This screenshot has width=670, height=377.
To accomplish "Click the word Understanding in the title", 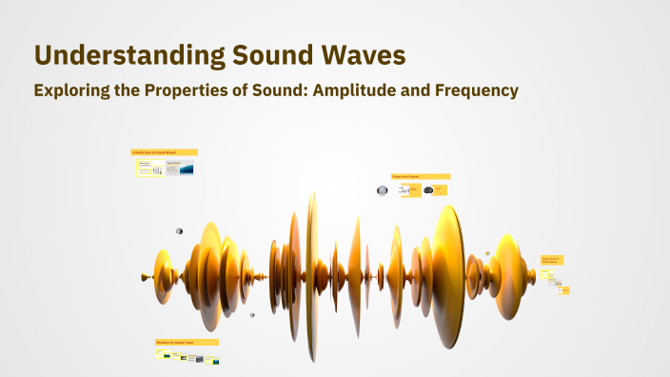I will [x=129, y=55].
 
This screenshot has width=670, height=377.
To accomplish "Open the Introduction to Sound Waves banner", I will [x=164, y=152].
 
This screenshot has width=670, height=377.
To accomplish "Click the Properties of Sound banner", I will [x=420, y=176].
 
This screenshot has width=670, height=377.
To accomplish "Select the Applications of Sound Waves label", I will [x=552, y=260].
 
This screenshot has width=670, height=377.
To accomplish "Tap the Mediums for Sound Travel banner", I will [x=187, y=342].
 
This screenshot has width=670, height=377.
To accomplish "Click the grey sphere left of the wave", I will [x=179, y=230].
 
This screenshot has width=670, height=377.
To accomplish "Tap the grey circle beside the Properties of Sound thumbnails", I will [x=383, y=190].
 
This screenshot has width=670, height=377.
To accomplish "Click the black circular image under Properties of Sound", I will [x=429, y=190].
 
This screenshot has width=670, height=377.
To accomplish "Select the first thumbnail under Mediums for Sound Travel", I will [x=161, y=354].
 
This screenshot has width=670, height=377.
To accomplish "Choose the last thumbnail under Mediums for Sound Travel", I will [x=216, y=361].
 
